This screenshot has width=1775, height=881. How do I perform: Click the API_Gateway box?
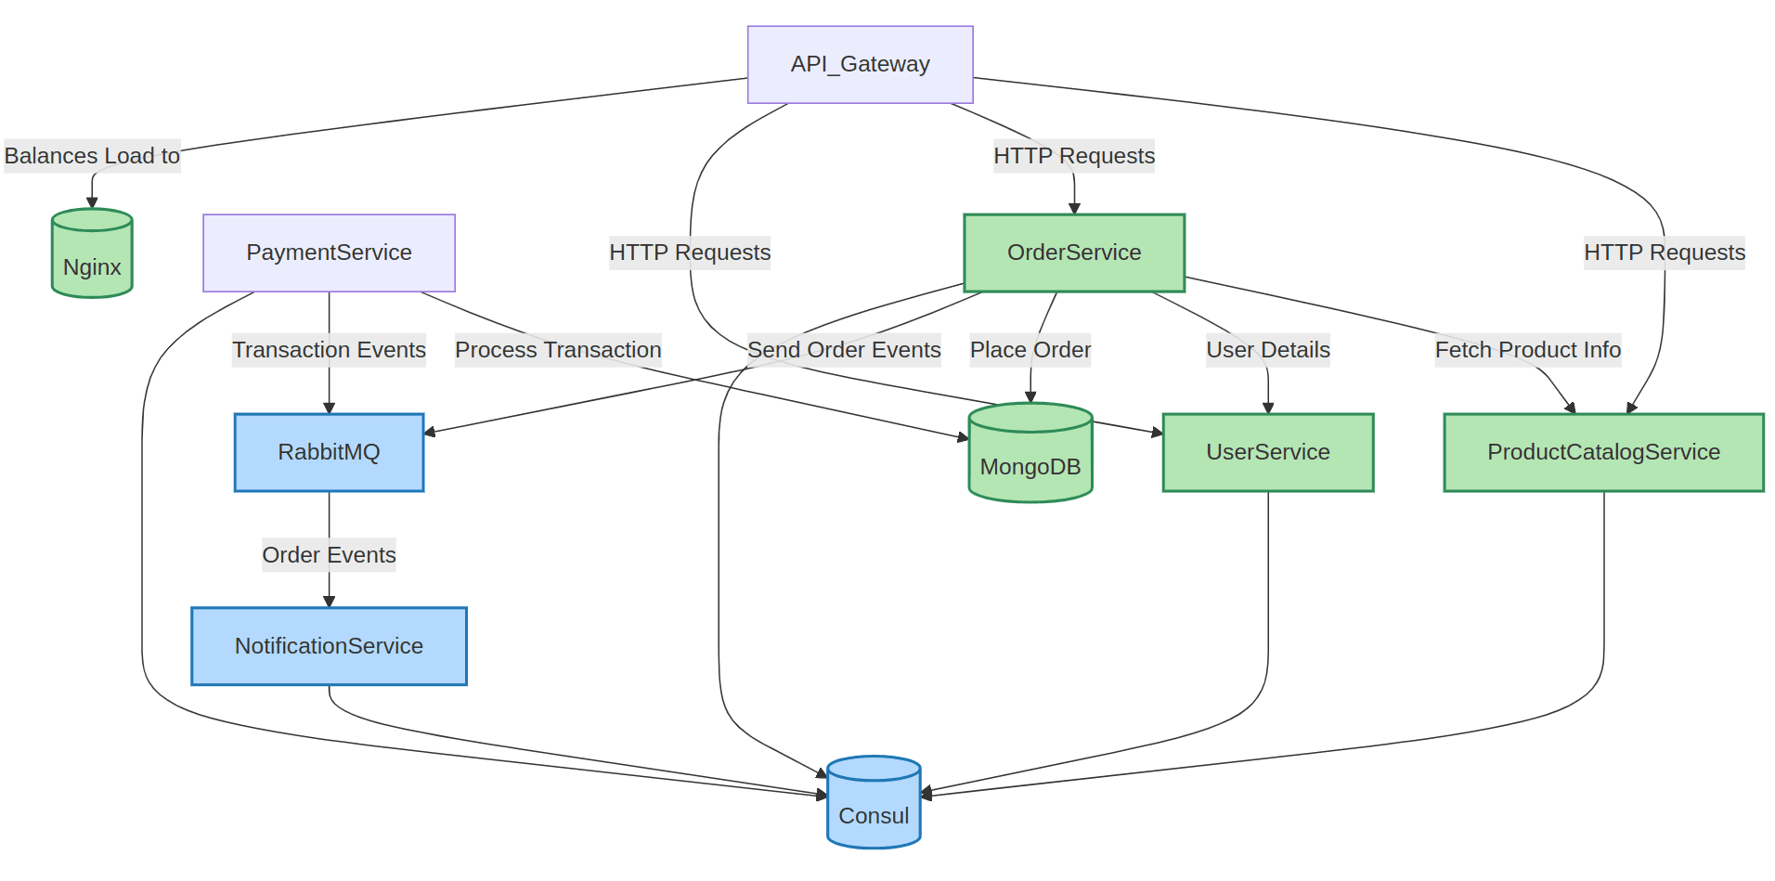(860, 64)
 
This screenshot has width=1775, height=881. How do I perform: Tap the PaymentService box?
(329, 253)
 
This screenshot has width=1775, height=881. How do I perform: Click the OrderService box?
(1073, 253)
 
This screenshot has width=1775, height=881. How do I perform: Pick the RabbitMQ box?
(329, 452)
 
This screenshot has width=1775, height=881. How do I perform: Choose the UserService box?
(1267, 452)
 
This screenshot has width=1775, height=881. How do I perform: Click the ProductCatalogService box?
(1602, 452)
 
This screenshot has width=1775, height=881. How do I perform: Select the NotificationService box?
(329, 646)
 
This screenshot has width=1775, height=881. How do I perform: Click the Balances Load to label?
(92, 156)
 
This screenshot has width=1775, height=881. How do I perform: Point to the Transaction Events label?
(329, 350)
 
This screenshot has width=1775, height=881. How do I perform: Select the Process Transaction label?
(558, 350)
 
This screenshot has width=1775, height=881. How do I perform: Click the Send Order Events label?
(844, 350)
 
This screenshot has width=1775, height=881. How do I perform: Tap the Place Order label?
(1030, 350)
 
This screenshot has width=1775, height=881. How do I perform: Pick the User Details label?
(1267, 350)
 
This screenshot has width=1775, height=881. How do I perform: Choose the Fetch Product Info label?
(1527, 350)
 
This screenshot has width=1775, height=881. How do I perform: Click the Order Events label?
(329, 555)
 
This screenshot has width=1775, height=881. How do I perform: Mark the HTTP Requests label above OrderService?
(1073, 156)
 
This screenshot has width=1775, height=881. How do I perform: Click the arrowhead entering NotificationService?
(329, 602)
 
